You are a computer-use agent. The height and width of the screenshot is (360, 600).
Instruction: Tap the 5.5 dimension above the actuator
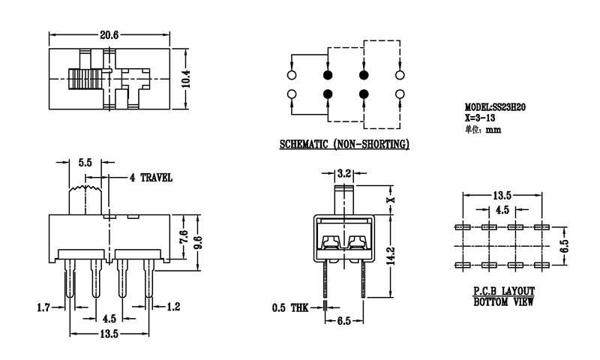tap(85, 163)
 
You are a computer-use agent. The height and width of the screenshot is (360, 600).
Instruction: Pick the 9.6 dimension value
tap(197, 241)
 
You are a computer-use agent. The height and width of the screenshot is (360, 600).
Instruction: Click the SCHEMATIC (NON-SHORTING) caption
tap(344, 144)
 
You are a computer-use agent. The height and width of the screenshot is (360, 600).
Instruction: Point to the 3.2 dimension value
tap(345, 173)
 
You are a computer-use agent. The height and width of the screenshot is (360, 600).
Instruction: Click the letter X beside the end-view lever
tap(389, 200)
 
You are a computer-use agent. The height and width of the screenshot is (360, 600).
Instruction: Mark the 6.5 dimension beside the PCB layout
tap(566, 246)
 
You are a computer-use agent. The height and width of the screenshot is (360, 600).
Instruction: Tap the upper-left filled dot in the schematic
tap(327, 75)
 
